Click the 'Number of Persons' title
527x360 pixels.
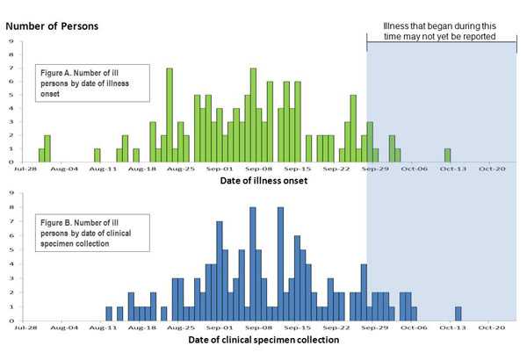click(x=52, y=25)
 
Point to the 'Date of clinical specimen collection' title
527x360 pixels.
click(x=263, y=339)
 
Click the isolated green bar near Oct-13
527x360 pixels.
click(x=447, y=155)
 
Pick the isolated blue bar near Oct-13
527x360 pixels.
click(x=458, y=313)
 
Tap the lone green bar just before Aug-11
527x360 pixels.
click(x=97, y=155)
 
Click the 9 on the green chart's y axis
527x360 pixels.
click(x=10, y=40)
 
